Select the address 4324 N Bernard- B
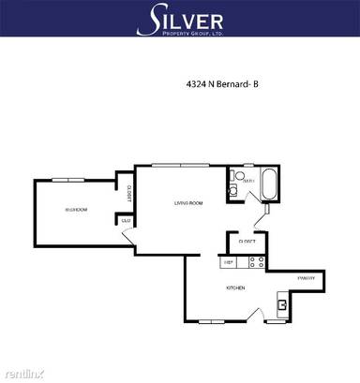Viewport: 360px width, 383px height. click(x=221, y=83)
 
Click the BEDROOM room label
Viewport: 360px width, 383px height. click(x=77, y=210)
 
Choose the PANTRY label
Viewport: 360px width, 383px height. click(x=306, y=278)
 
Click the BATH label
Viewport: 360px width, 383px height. click(x=247, y=182)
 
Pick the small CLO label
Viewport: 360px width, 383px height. click(x=125, y=221)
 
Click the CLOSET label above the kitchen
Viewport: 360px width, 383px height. click(x=247, y=241)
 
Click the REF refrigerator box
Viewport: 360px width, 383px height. click(x=227, y=263)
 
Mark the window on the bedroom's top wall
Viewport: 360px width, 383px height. click(x=67, y=179)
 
